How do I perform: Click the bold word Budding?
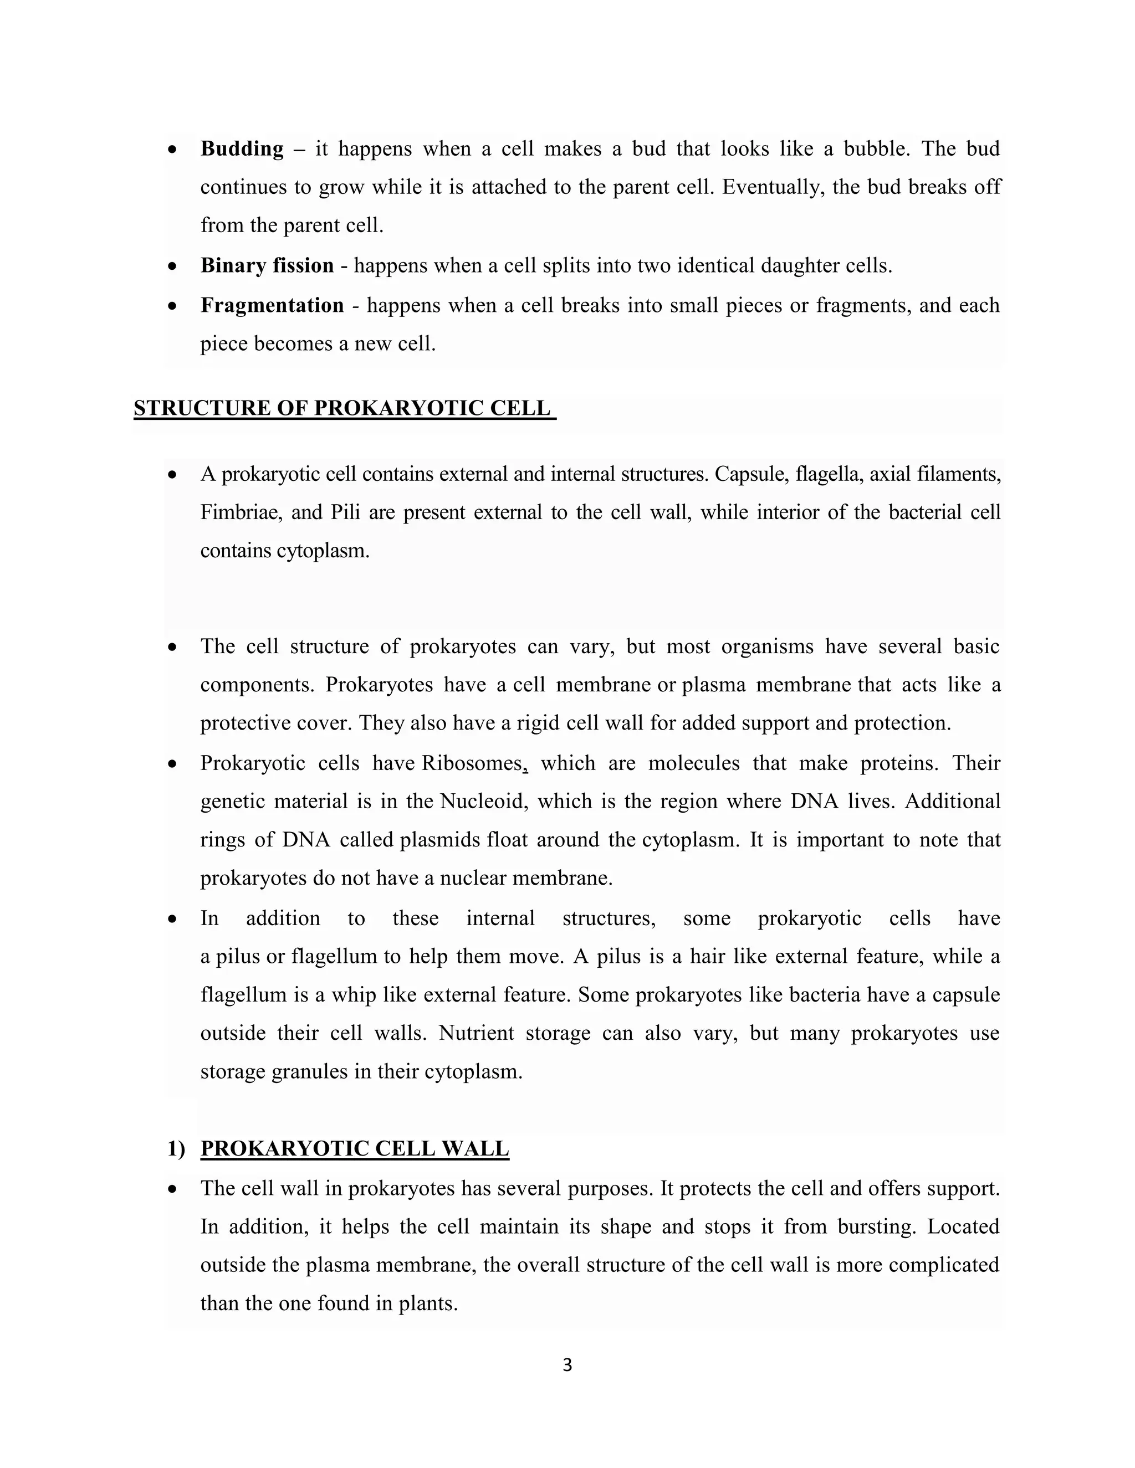(242, 148)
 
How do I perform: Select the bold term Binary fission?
(267, 265)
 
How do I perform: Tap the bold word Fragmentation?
(272, 305)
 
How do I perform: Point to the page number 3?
(567, 1364)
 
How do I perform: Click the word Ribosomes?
(473, 763)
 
